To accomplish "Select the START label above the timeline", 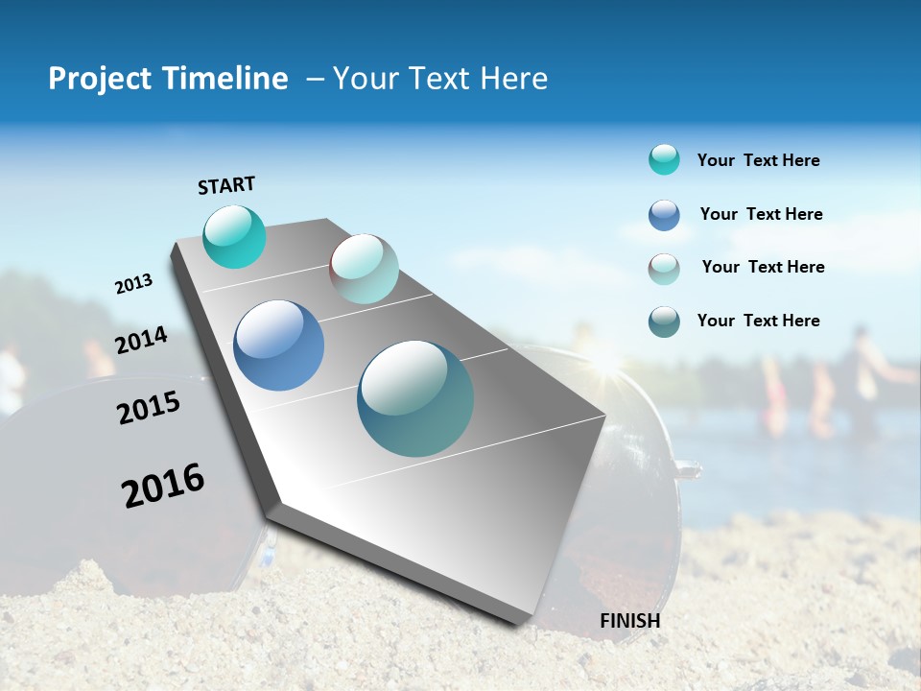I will pos(226,185).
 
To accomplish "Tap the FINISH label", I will pos(629,621).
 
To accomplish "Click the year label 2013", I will pos(134,284).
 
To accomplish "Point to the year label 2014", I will pos(142,341).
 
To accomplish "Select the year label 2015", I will pos(149,408).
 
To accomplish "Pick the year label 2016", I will pos(163,486).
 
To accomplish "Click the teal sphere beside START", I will pos(234,236).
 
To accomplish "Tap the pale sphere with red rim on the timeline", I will pos(364,269).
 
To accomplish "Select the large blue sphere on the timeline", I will pos(279,345).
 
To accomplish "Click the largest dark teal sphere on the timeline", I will pos(415,398).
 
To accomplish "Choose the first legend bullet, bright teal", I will pos(664,159).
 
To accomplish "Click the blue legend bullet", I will pos(664,215).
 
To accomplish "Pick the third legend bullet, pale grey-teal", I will pos(664,269).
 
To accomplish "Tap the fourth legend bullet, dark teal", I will pos(664,322).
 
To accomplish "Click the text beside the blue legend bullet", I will pos(761,214).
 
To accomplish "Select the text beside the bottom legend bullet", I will pos(758,321).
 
